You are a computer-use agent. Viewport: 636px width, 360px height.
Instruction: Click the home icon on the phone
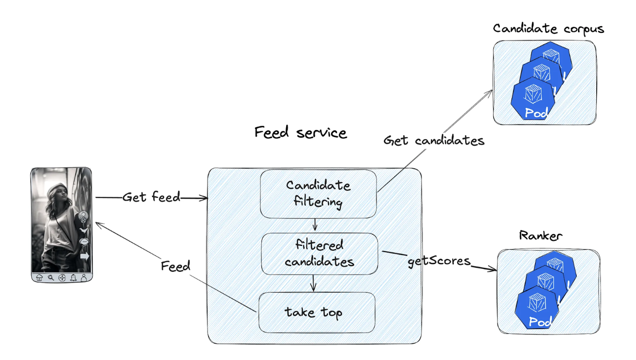pos(39,277)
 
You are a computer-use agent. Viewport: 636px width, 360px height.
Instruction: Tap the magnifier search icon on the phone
pos(51,277)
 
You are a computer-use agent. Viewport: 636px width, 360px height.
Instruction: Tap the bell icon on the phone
pos(73,277)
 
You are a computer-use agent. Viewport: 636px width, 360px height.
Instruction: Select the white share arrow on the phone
pos(85,256)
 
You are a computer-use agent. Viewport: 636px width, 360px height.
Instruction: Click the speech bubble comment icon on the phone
pos(84,241)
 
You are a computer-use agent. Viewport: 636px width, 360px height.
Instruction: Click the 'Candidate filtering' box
pos(318,194)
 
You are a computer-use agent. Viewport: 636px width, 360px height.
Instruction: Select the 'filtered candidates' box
pos(319,253)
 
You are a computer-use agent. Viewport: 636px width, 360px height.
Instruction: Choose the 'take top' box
pos(317,312)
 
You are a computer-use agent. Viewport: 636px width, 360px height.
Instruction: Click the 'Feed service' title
pos(301,132)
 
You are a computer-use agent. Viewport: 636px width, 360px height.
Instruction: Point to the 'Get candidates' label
pos(434,140)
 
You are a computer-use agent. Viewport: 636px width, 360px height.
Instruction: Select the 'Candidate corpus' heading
pos(548,29)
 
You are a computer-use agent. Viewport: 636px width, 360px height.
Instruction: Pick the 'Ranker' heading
pos(541,236)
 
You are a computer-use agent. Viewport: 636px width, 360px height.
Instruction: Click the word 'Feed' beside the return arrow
pos(175,266)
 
